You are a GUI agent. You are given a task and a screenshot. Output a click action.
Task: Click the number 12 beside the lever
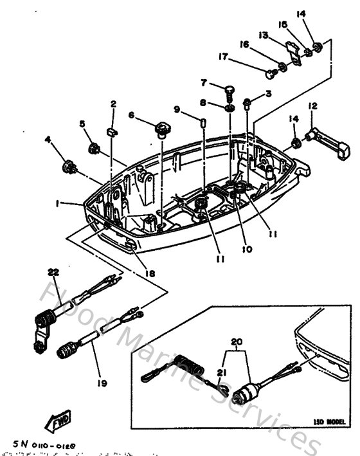[312, 106]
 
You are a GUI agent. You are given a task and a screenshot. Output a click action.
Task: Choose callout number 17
[222, 57]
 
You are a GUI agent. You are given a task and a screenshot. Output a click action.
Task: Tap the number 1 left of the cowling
[58, 203]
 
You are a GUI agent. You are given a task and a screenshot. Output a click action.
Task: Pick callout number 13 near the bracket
[263, 35]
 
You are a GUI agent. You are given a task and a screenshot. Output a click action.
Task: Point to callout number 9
[176, 108]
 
